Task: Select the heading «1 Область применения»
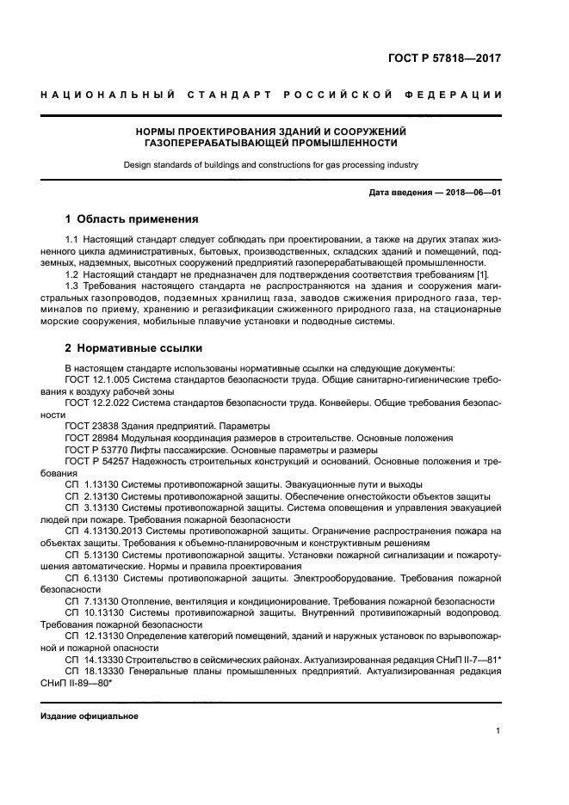tap(132, 218)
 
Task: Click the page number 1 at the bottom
tap(498, 731)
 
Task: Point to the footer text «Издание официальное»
tap(90, 716)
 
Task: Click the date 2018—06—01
tap(471, 192)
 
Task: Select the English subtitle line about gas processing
tap(270, 163)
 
